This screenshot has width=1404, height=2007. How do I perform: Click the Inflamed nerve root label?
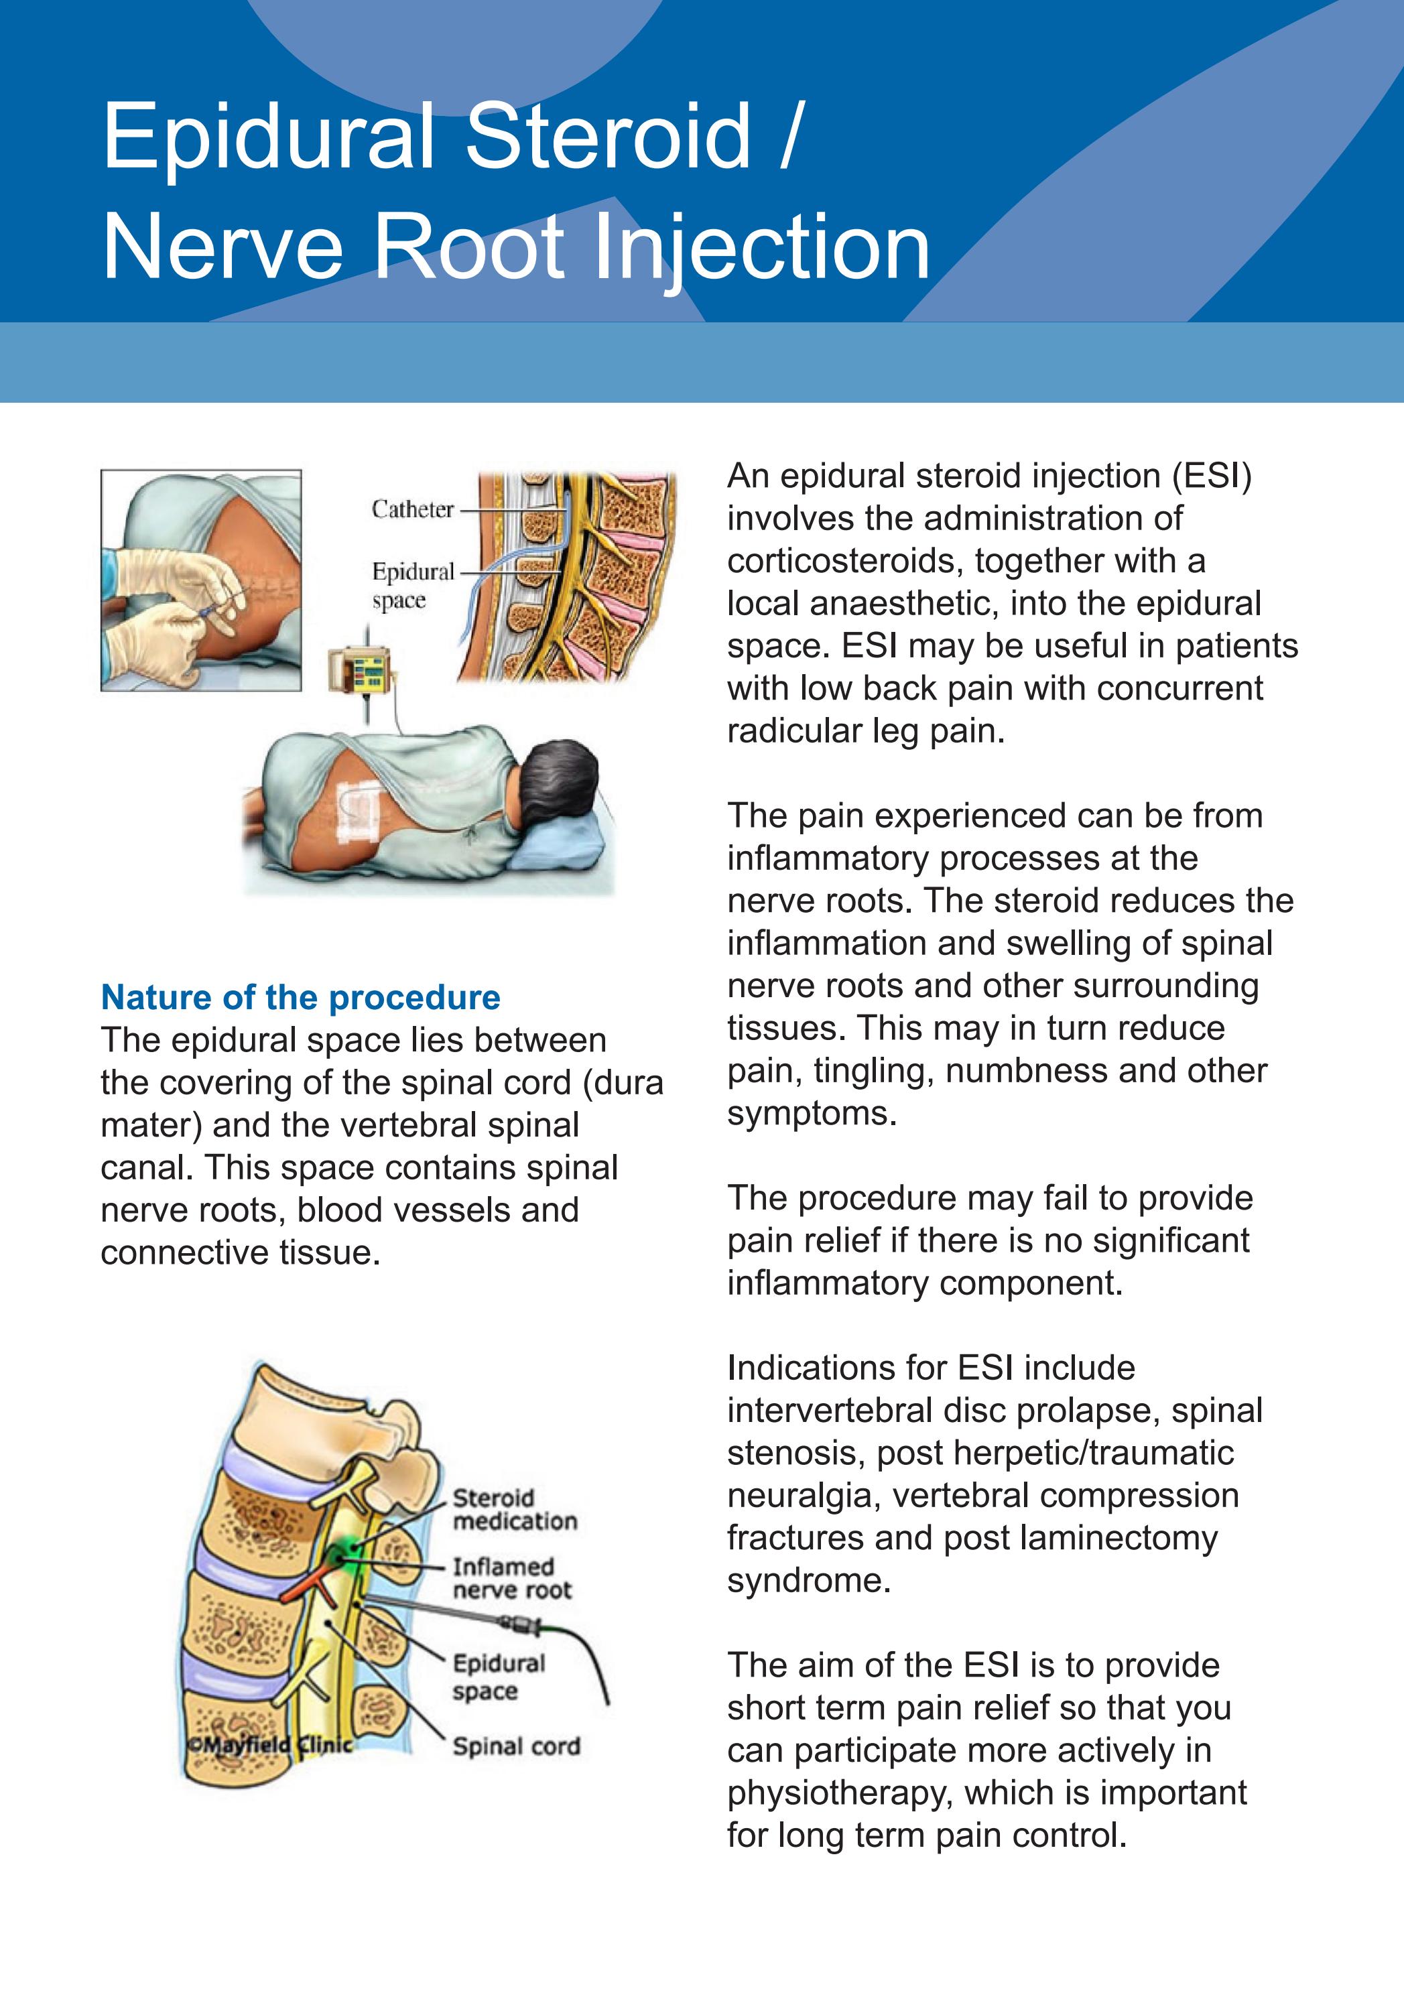point(511,1578)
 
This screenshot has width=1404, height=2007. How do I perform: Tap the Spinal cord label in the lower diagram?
point(516,1746)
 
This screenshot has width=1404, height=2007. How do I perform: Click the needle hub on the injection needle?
point(523,1625)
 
